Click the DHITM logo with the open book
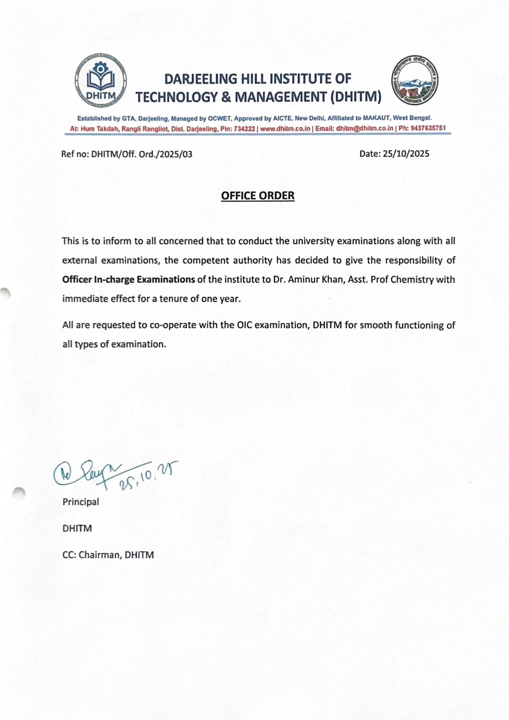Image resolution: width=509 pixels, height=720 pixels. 101,80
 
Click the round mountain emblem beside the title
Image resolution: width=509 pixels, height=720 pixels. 415,80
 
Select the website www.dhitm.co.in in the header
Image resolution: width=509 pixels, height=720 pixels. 285,129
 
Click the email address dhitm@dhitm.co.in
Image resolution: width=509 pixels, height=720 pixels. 365,129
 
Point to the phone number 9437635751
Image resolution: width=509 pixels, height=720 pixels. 428,128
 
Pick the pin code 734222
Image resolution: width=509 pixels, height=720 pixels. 244,129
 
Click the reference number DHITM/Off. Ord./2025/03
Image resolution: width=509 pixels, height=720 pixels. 141,154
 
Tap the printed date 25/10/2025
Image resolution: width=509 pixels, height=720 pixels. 406,154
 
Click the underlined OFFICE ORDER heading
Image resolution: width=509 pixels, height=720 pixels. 258,196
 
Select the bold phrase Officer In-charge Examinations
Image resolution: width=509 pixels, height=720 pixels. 129,280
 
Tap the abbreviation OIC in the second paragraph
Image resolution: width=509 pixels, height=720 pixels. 244,325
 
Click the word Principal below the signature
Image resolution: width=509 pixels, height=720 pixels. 81,502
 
